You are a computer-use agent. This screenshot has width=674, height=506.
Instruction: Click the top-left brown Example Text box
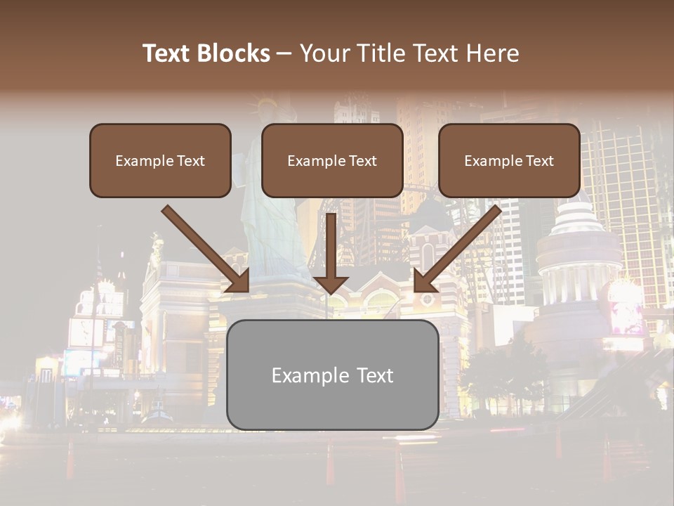point(160,161)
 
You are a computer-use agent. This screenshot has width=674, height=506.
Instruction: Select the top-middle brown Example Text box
point(332,161)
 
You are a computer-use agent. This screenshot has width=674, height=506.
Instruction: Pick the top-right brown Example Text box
point(509,161)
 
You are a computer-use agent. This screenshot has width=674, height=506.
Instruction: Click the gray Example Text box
point(332,375)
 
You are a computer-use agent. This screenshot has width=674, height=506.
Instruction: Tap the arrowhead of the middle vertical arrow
point(331,284)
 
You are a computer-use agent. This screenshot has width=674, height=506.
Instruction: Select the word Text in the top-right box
point(538,161)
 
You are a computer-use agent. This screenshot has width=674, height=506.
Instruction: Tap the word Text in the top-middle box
point(362,161)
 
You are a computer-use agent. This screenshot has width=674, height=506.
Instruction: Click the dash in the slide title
point(284,53)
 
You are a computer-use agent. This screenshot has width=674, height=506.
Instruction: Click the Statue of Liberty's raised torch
point(266,105)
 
